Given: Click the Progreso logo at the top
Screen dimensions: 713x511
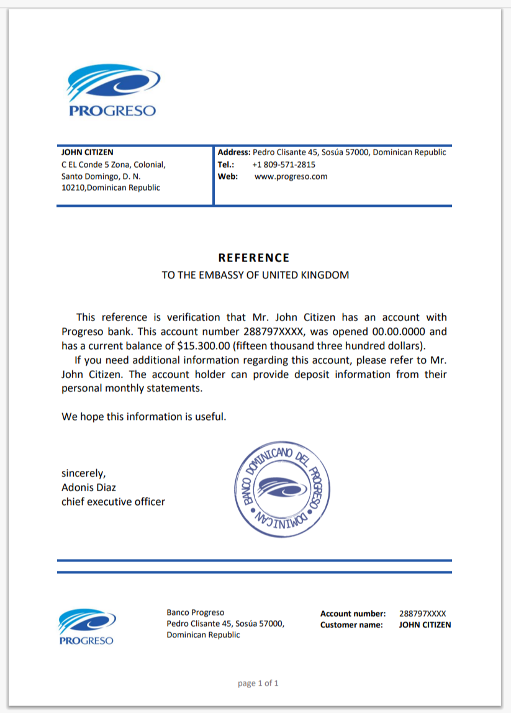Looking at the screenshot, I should (x=112, y=91).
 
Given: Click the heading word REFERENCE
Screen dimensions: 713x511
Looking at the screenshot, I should (x=254, y=258).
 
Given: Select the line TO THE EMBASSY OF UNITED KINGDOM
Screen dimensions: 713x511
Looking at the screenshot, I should (x=255, y=275).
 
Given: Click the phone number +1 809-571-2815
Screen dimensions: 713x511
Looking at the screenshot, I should (x=284, y=165).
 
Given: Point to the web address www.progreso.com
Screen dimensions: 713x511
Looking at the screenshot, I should (x=291, y=176).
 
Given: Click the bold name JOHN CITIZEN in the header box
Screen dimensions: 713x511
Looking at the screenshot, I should (x=88, y=152).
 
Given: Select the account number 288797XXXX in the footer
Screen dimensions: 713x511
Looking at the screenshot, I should (x=422, y=614).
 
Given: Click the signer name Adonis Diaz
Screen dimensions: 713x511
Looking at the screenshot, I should (x=89, y=488).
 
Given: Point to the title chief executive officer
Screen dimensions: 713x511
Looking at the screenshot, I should (x=113, y=502).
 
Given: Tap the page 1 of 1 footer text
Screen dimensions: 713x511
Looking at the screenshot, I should (x=258, y=683).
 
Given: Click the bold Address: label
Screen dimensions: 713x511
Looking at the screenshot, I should (x=234, y=152).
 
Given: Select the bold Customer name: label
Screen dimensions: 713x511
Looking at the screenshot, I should (x=351, y=625).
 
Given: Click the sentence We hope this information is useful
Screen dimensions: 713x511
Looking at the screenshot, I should (x=143, y=417).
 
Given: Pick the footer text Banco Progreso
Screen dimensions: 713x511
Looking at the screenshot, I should (x=196, y=612).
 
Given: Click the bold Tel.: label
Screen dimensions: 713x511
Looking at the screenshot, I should (x=226, y=165).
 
